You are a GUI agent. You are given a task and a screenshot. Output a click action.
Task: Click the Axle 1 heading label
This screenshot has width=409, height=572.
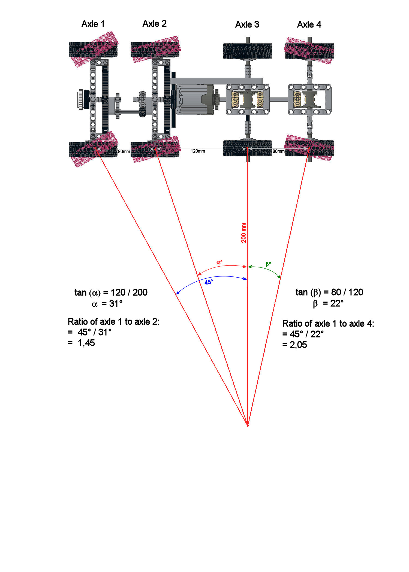tap(93, 24)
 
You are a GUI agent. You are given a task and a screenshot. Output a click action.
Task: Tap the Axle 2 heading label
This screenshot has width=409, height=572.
tap(154, 24)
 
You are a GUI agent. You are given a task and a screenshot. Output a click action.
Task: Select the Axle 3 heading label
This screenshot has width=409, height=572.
tap(247, 25)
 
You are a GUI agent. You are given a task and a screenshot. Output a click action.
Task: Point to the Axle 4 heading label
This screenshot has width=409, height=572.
tap(309, 25)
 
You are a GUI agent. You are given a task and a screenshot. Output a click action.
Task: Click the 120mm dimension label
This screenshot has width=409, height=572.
tap(198, 151)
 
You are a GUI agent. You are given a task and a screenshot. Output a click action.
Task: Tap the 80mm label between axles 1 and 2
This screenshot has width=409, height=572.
tap(124, 151)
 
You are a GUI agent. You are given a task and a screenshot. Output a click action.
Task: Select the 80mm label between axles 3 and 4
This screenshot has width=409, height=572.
tap(278, 151)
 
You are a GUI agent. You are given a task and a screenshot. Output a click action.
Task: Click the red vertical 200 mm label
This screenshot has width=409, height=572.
tap(243, 233)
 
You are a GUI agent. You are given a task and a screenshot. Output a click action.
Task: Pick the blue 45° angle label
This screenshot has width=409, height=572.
tap(209, 282)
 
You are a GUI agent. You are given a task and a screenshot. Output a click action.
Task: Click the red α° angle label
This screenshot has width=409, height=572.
tap(219, 263)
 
